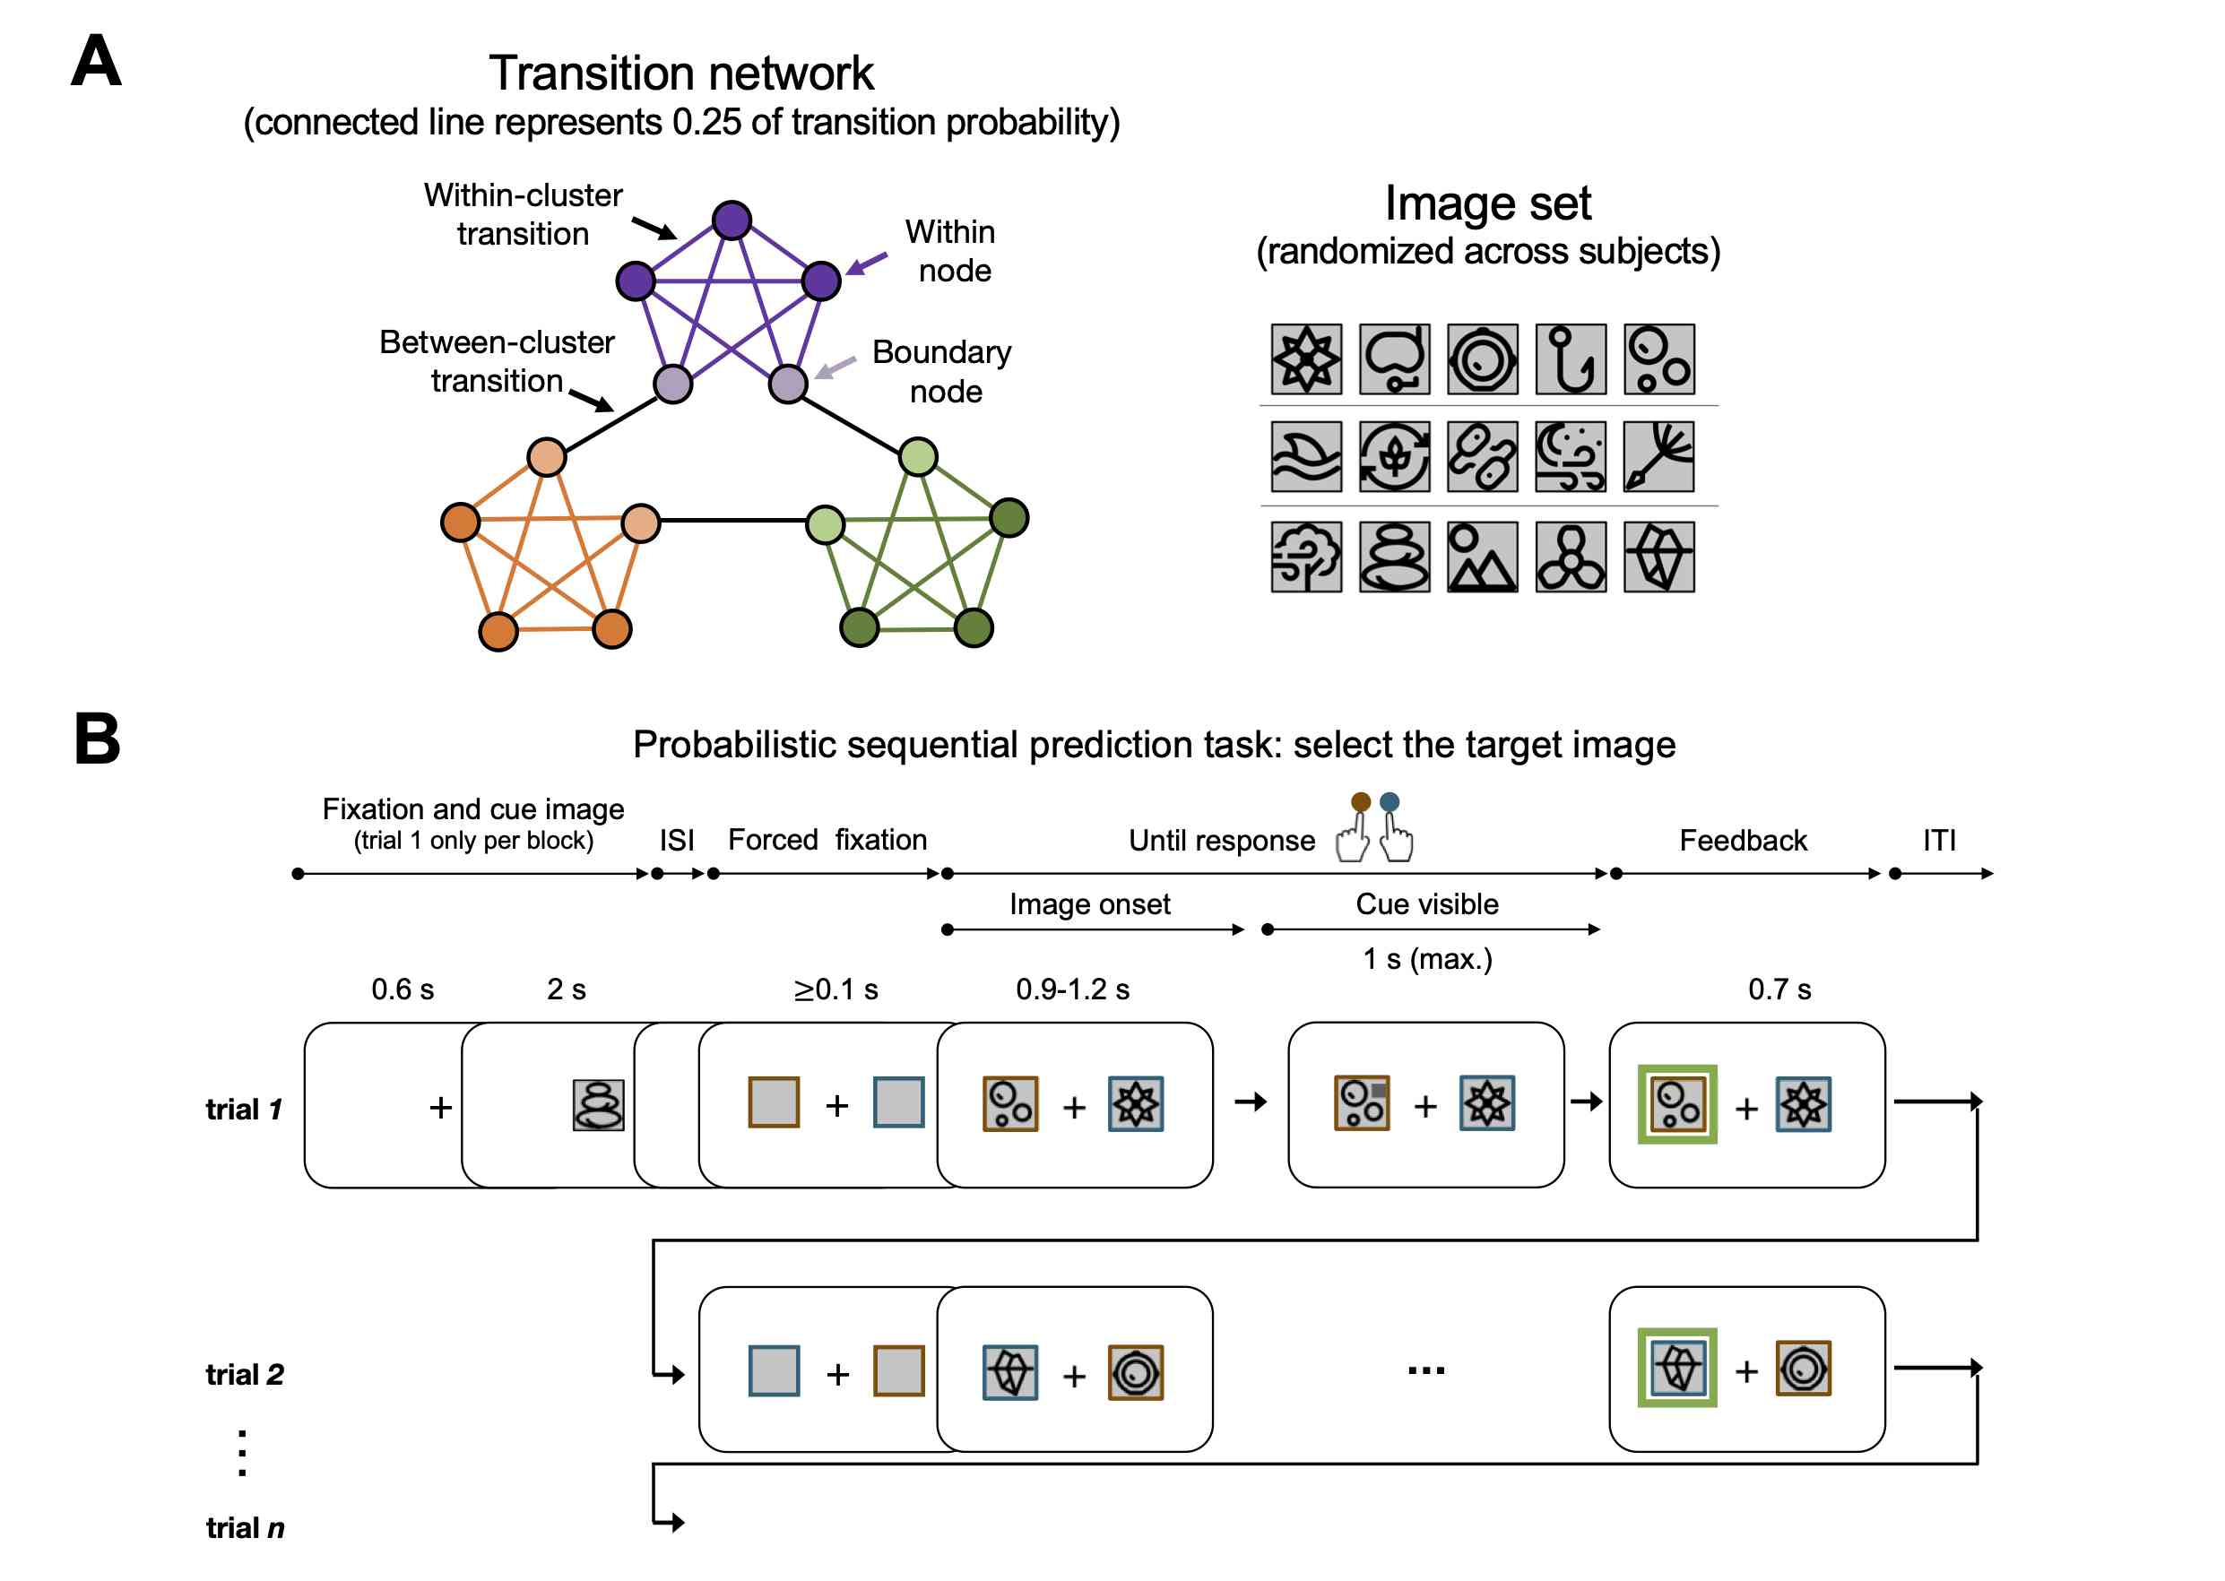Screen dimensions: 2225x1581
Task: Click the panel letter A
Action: coord(97,60)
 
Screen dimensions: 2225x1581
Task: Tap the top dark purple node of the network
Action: coord(732,220)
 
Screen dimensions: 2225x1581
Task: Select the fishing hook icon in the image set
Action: coord(1571,359)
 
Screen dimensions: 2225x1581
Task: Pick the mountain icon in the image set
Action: coord(1482,557)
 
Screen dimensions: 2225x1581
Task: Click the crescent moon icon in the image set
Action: coord(1571,456)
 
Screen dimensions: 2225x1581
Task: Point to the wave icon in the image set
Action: coord(1306,456)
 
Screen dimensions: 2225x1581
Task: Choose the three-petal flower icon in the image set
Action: coord(1571,557)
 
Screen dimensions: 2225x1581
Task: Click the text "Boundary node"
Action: coord(941,371)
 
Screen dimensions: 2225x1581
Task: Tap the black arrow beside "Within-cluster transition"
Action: coord(654,228)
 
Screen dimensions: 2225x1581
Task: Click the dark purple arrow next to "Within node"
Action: coord(866,263)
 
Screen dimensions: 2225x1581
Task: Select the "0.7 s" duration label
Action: coord(1779,989)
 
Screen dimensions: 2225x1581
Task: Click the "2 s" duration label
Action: coord(566,989)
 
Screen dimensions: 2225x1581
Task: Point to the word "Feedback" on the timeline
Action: coord(1743,840)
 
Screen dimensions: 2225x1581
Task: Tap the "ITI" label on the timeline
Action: coord(1939,840)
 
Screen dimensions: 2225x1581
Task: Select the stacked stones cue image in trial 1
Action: coord(598,1105)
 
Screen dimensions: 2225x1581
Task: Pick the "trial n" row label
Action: coord(245,1527)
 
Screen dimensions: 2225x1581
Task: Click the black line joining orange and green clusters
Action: coord(733,521)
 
